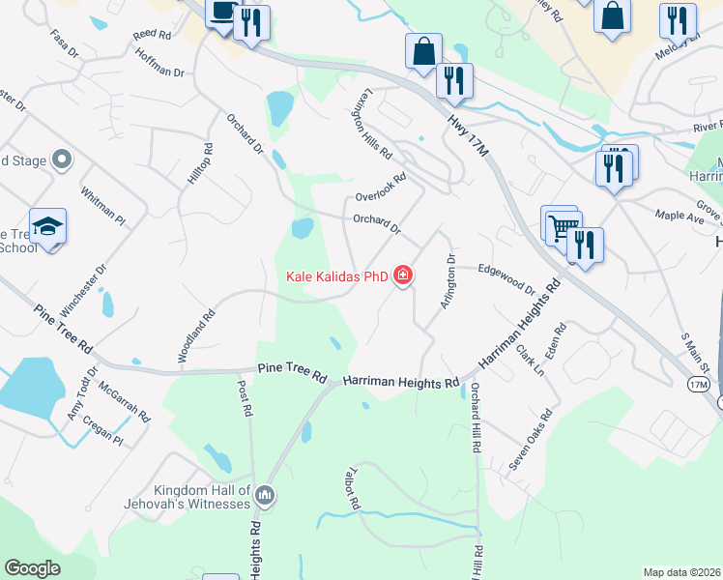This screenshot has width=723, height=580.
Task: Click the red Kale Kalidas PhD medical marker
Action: (x=403, y=276)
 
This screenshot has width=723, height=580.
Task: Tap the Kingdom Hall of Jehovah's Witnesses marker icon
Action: (x=266, y=497)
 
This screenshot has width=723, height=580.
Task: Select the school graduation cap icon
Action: (x=47, y=226)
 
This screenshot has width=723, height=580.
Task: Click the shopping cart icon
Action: (x=561, y=228)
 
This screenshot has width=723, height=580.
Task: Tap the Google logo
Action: (x=33, y=568)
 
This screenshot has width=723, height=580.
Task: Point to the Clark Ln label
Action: (x=530, y=360)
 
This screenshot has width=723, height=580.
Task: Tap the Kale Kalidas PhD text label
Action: (x=336, y=277)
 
